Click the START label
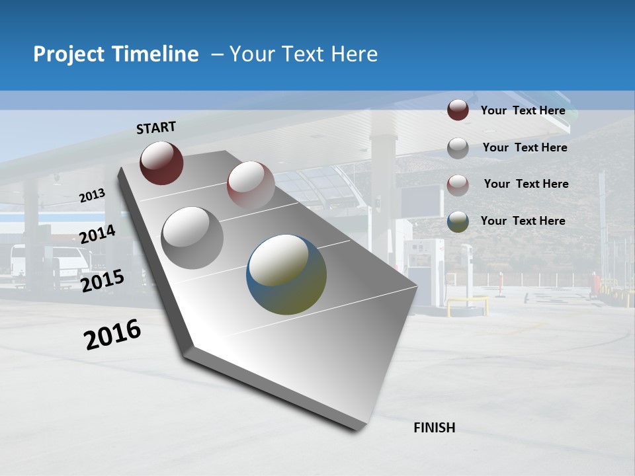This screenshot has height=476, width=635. (x=156, y=128)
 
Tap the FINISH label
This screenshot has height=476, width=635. (x=434, y=428)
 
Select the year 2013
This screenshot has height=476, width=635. (x=92, y=196)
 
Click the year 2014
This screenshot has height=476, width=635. (x=97, y=234)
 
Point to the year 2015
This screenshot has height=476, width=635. (x=102, y=280)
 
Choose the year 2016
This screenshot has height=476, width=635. (x=112, y=335)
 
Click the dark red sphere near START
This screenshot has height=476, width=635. (x=161, y=163)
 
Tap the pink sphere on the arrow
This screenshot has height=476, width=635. (x=250, y=184)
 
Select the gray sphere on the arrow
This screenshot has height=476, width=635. (x=192, y=237)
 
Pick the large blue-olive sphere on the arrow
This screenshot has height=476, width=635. (x=286, y=274)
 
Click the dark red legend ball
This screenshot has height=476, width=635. (x=458, y=110)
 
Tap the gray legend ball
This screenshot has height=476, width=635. (x=458, y=148)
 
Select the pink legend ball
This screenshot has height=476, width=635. (x=458, y=184)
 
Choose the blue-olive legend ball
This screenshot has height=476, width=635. (x=458, y=221)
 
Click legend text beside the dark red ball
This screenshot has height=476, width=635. (x=523, y=110)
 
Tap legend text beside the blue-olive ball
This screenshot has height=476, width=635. (x=523, y=221)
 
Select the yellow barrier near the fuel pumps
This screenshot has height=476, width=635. (x=467, y=305)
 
